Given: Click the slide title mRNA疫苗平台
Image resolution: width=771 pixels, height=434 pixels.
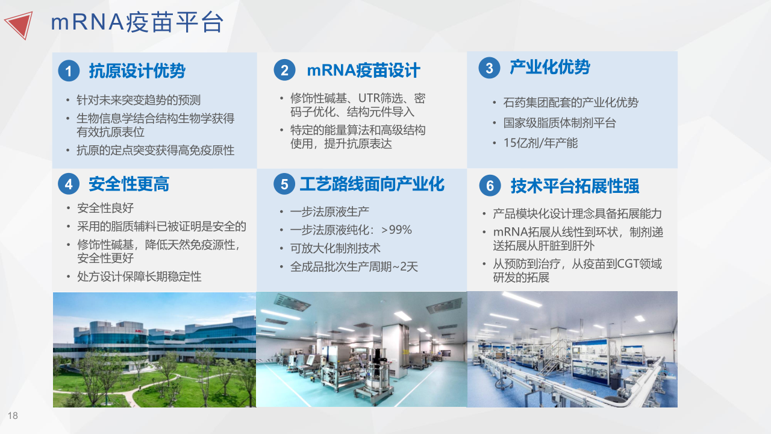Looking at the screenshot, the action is click(x=137, y=22).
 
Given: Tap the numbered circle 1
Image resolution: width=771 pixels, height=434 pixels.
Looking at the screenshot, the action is click(x=69, y=71).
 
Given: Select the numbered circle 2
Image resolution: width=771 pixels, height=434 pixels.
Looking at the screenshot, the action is click(x=284, y=70).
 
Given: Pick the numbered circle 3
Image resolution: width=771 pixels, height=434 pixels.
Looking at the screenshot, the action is click(x=489, y=68).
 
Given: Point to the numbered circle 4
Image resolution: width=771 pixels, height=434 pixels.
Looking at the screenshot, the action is click(x=69, y=184).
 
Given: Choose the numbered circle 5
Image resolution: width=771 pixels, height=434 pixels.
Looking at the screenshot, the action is click(x=284, y=184).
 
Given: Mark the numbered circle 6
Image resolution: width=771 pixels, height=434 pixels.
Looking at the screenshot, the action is click(x=490, y=186).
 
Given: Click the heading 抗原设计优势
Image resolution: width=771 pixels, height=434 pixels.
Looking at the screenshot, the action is click(x=137, y=71).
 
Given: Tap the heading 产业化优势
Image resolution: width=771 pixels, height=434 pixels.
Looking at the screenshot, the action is click(x=550, y=67).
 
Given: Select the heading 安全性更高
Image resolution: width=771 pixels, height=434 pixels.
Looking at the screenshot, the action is click(x=129, y=184).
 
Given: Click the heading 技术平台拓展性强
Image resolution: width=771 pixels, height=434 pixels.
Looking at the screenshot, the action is click(x=575, y=186).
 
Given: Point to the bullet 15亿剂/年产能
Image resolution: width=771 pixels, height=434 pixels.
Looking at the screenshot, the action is click(x=540, y=143).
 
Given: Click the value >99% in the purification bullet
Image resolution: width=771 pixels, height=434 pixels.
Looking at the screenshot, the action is click(x=396, y=230).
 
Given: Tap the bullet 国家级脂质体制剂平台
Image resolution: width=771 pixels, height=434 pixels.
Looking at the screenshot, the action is click(x=560, y=123).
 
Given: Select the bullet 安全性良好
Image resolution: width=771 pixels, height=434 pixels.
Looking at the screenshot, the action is click(x=105, y=208).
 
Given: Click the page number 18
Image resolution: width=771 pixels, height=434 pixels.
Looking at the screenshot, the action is click(x=13, y=416).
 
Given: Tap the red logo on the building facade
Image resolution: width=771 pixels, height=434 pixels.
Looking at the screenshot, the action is click(x=139, y=331).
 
